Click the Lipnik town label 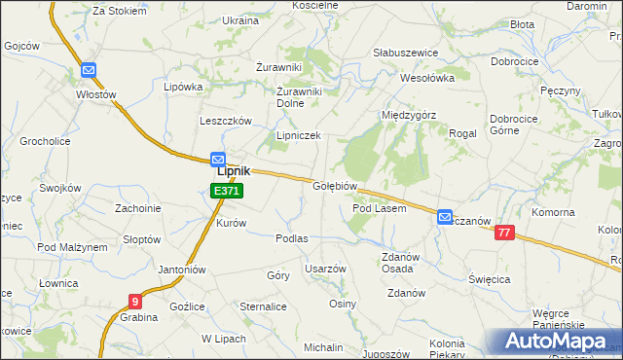233,170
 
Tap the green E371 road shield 226,192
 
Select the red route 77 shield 503,233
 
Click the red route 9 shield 134,302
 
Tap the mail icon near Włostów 89,70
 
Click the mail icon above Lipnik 218,160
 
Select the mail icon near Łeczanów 445,217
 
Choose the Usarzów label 325,269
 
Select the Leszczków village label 226,121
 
